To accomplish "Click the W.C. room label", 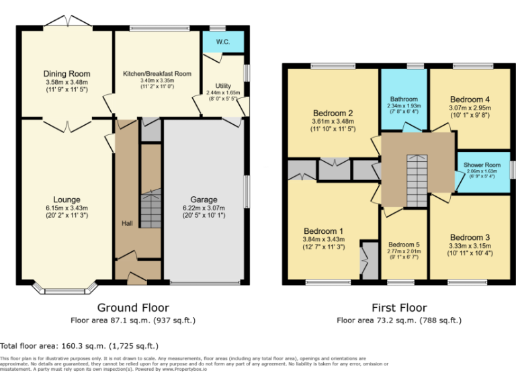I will click(x=223, y=42).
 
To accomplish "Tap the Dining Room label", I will click(x=67, y=74).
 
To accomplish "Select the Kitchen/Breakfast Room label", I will click(x=157, y=74).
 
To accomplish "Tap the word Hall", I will click(x=127, y=223).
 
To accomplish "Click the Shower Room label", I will click(x=483, y=165).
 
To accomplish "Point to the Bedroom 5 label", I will click(x=403, y=245).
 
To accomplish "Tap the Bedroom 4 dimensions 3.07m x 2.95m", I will click(x=470, y=107).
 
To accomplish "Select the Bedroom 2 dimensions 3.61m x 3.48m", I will click(x=332, y=121).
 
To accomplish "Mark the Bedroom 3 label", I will click(x=470, y=237).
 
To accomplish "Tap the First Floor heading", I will click(x=399, y=308).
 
